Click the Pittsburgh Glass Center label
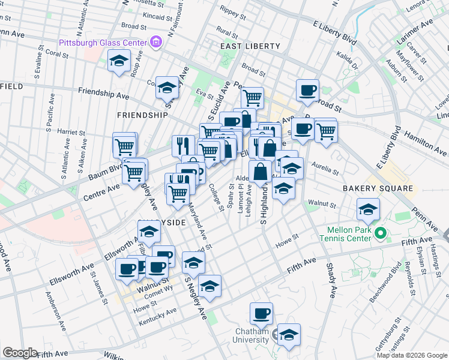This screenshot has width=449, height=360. (x=103, y=43)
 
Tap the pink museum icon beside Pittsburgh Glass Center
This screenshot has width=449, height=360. (x=156, y=42)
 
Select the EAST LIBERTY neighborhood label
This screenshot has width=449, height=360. (x=250, y=46)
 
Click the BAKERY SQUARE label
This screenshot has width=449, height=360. (x=378, y=188)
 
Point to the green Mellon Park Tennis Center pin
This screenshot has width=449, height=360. (x=379, y=233)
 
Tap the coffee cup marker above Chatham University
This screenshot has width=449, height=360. (x=262, y=313)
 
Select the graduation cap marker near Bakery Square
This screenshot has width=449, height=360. (x=368, y=209)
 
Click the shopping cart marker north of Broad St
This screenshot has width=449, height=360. (x=253, y=97)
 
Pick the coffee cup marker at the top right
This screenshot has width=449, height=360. (x=307, y=91)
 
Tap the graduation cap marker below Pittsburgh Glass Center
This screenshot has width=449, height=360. (x=119, y=61)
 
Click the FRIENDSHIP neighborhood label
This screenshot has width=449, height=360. (x=142, y=115)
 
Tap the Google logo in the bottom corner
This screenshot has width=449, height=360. (x=20, y=353)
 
